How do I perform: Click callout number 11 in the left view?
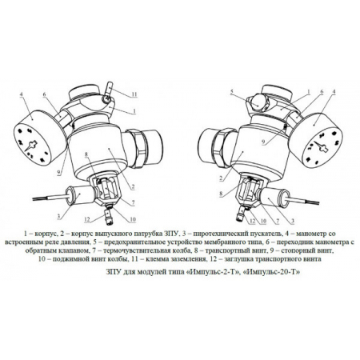(134, 94)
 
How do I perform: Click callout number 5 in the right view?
(232, 92)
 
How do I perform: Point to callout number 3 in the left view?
(58, 216)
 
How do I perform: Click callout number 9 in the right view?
(263, 142)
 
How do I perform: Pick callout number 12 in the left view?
(87, 219)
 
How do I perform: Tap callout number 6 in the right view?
(322, 91)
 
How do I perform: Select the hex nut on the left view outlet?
(139, 147)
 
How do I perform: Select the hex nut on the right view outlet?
(223, 148)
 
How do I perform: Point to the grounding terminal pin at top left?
(109, 89)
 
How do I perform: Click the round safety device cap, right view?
(257, 101)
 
